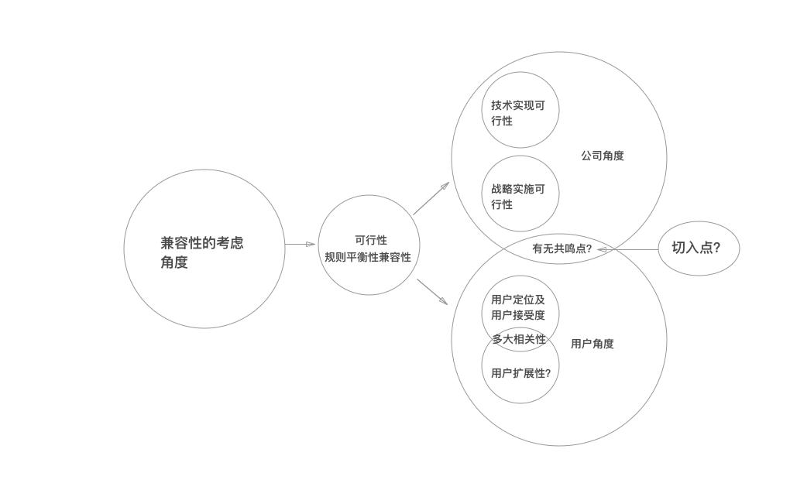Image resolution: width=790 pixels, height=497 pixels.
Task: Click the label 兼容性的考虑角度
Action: click(202, 252)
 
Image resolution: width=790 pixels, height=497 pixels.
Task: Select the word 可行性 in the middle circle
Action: click(371, 240)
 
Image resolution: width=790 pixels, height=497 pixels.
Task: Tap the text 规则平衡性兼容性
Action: click(368, 257)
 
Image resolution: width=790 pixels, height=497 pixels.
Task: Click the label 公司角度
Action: click(603, 156)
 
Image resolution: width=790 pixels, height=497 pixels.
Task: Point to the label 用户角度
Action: click(592, 344)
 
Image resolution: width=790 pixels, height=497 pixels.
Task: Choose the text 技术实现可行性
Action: click(518, 113)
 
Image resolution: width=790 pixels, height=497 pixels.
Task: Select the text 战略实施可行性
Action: click(518, 197)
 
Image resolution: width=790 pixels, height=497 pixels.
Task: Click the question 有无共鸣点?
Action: click(562, 248)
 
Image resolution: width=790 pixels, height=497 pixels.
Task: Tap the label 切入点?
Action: click(696, 248)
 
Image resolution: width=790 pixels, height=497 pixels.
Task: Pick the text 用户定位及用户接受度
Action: click(518, 307)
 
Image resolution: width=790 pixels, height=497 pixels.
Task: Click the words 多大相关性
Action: click(520, 339)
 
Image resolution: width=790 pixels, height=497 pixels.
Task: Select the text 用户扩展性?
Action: click(521, 373)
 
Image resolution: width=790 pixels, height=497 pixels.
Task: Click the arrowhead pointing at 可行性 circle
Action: click(311, 244)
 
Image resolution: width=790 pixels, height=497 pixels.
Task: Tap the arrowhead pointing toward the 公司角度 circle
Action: click(445, 187)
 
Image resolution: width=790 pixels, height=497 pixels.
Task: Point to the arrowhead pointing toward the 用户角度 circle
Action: click(443, 300)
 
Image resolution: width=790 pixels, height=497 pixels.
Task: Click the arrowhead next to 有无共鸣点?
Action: click(602, 249)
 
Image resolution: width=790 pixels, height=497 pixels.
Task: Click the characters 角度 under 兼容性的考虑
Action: click(174, 262)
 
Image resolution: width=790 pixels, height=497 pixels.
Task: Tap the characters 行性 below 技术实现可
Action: click(502, 121)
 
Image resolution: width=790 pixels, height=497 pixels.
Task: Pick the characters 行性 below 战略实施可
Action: click(502, 204)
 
